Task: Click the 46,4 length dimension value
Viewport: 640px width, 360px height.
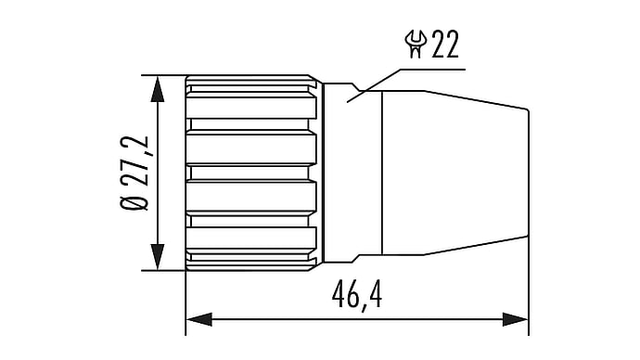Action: point(357,294)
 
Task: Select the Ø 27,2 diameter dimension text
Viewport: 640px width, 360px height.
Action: point(134,173)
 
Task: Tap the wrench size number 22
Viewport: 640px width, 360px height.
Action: point(445,45)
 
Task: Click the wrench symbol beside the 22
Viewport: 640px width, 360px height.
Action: point(416,45)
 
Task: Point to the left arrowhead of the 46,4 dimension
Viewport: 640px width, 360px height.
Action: point(198,319)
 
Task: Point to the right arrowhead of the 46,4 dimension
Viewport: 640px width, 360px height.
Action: point(516,319)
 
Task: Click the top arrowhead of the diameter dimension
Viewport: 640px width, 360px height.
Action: point(158,88)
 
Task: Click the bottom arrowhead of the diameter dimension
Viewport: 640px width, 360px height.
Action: point(158,257)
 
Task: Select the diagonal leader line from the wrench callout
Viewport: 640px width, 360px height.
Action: point(374,85)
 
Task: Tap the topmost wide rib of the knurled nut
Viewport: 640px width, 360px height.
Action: point(251,105)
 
